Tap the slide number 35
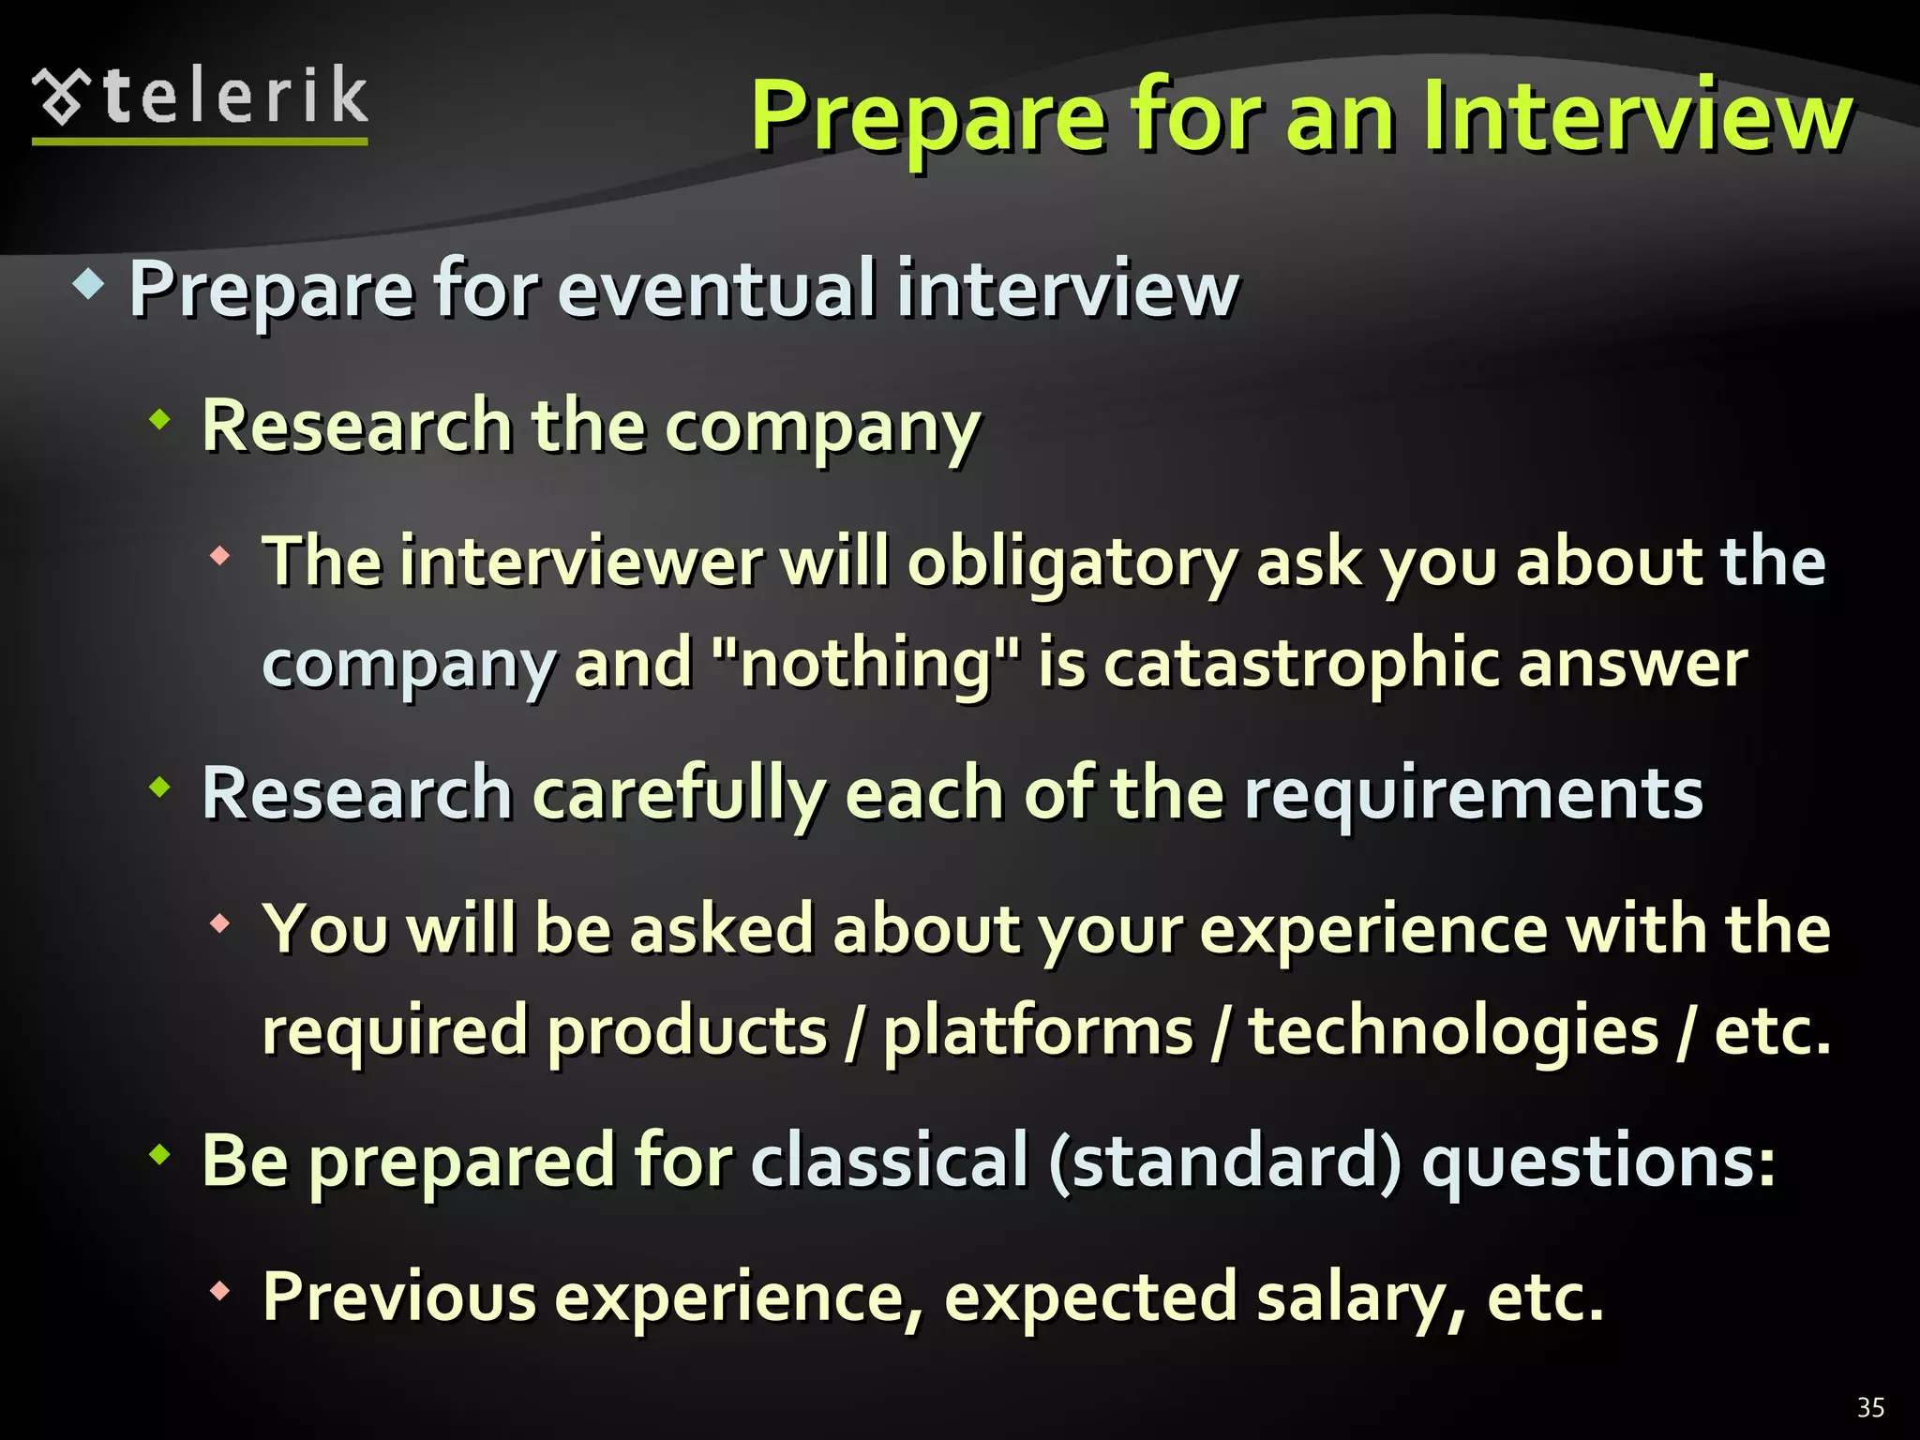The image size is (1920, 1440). point(1870,1407)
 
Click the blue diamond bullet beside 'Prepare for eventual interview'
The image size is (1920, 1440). point(87,283)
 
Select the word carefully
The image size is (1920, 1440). point(680,793)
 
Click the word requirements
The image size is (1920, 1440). point(1473,793)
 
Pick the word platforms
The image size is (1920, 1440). point(1039,1030)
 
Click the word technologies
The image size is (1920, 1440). point(1454,1030)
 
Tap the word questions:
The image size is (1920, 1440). point(1598,1161)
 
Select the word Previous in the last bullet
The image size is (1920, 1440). point(399,1297)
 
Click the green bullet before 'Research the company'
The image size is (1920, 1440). point(160,419)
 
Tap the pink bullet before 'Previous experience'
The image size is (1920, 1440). point(220,1291)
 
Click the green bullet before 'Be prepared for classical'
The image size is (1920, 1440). point(160,1155)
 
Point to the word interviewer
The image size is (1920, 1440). point(581,562)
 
